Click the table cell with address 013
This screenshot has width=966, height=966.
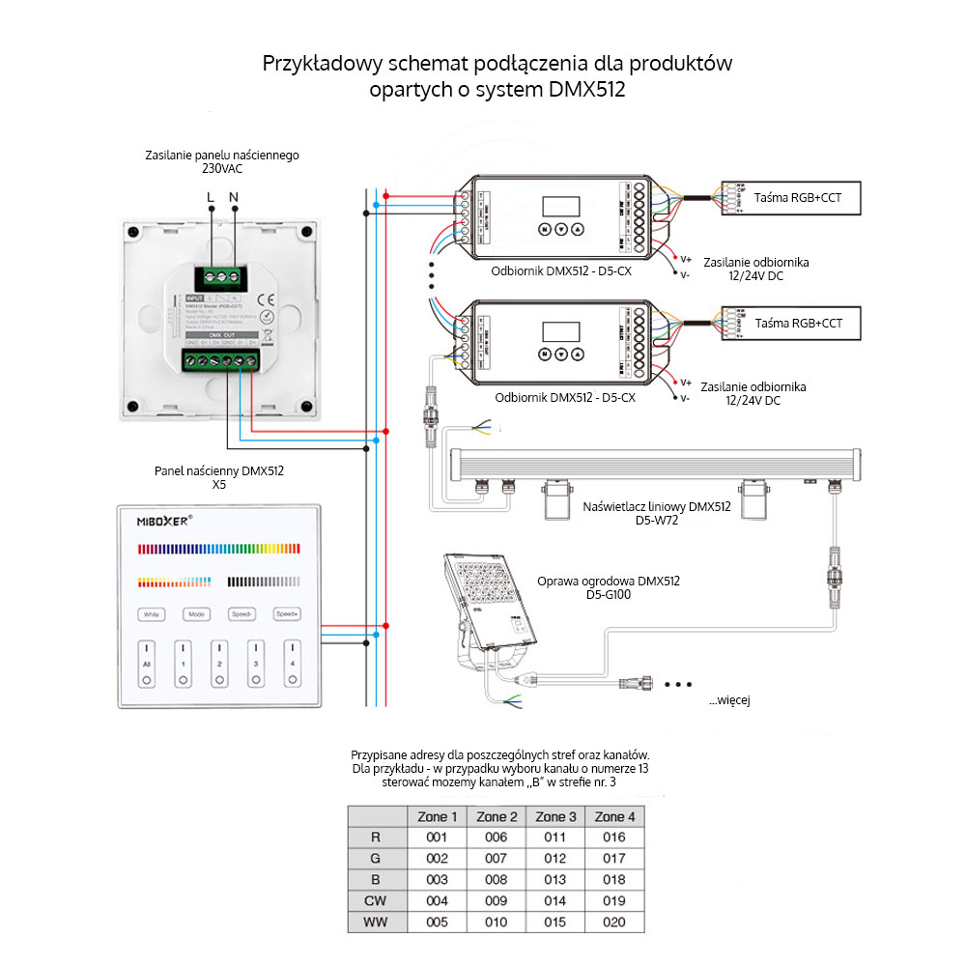pos(555,880)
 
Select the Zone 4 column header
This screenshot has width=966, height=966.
pos(614,817)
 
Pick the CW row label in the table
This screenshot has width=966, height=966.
pos(376,901)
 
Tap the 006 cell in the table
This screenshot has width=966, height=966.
pos(497,838)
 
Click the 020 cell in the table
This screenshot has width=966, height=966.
pos(614,923)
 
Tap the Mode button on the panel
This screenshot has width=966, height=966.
pos(197,614)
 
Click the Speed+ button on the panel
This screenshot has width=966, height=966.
pos(287,614)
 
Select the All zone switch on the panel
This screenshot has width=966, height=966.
pos(147,664)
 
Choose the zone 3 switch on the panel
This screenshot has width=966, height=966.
pos(256,664)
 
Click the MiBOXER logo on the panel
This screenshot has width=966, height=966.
pos(157,519)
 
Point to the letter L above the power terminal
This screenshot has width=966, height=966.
pos(212,197)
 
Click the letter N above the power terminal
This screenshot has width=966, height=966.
pos(233,197)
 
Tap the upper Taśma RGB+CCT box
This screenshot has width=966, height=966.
pos(799,196)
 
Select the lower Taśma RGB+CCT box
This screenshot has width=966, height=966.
pos(799,323)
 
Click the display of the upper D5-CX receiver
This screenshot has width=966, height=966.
pos(560,206)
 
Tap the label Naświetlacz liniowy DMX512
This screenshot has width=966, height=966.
pos(657,506)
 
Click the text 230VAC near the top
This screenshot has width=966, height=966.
pos(222,168)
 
